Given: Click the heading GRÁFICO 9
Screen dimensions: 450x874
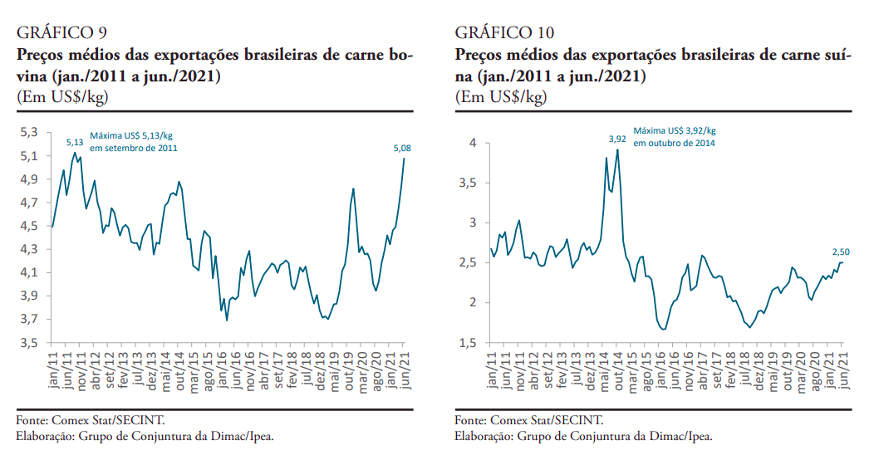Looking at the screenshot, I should pyautogui.click(x=61, y=33).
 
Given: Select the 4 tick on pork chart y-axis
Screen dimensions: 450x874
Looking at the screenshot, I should pyautogui.click(x=472, y=143).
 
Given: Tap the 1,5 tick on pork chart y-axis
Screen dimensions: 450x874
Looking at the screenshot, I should pyautogui.click(x=469, y=342).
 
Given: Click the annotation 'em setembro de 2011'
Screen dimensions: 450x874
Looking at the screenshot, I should pyautogui.click(x=134, y=148).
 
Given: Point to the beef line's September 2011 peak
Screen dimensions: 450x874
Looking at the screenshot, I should pyautogui.click(x=75, y=153).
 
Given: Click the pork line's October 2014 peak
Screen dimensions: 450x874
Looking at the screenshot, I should pyautogui.click(x=617, y=150).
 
